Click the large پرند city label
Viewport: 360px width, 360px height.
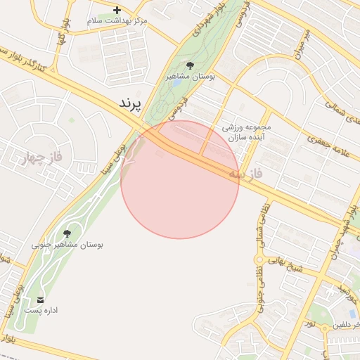click(129, 103)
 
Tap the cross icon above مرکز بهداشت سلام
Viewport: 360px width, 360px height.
click(117, 10)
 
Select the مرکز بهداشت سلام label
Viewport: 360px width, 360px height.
click(117, 21)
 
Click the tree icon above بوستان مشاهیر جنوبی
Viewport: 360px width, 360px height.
click(67, 233)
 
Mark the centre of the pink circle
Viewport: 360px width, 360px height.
click(180, 179)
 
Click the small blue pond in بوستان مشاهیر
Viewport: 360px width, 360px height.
click(175, 82)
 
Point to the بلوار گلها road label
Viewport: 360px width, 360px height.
click(60, 37)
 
